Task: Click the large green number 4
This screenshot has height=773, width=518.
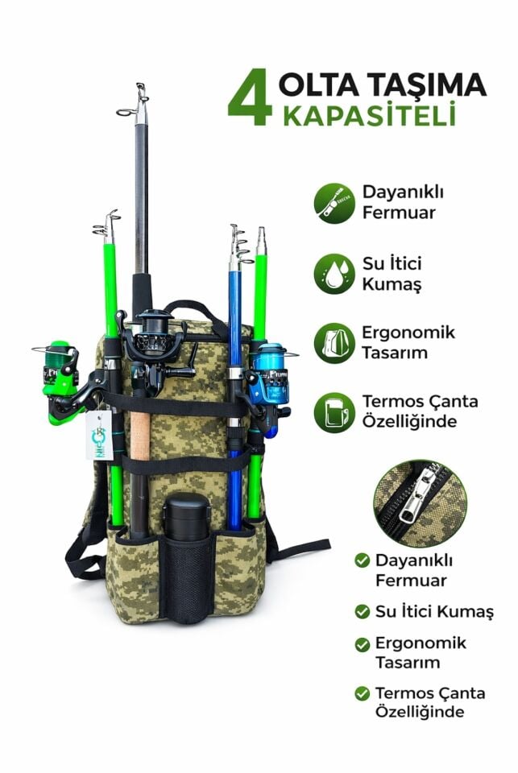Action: click(x=250, y=97)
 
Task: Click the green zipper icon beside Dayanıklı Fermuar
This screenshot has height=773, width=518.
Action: click(x=334, y=203)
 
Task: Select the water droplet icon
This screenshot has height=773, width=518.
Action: click(x=334, y=274)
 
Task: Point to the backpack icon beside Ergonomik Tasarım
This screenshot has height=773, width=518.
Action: click(x=334, y=343)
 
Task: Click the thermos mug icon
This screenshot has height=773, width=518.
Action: click(x=334, y=412)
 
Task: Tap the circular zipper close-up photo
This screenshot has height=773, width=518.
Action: click(x=420, y=502)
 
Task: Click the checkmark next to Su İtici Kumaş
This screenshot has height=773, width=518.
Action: click(x=362, y=611)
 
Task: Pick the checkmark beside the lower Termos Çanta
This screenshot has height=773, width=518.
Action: click(x=362, y=693)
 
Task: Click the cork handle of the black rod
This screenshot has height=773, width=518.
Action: click(x=140, y=436)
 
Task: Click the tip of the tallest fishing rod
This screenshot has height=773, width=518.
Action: click(x=141, y=85)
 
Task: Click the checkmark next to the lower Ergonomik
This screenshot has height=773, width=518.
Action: click(x=362, y=644)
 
